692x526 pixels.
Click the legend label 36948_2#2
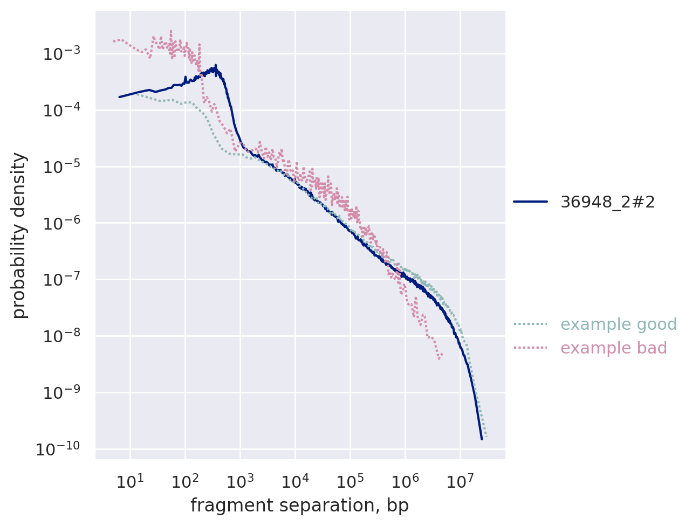point(607,202)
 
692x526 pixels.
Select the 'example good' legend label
point(618,324)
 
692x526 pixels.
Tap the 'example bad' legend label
point(613,348)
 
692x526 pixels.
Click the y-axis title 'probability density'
point(19,235)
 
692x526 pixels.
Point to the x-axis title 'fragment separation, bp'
point(299,506)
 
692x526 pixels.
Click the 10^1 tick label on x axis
point(129,481)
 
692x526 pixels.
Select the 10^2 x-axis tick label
point(184,481)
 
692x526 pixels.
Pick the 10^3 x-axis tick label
point(239,481)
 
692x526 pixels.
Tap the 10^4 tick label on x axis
point(294,481)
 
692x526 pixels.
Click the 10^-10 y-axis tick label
point(58,448)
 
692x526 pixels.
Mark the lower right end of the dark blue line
point(482,439)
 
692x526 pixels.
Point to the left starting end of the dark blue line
point(119,97)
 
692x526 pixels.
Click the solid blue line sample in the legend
point(530,202)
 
